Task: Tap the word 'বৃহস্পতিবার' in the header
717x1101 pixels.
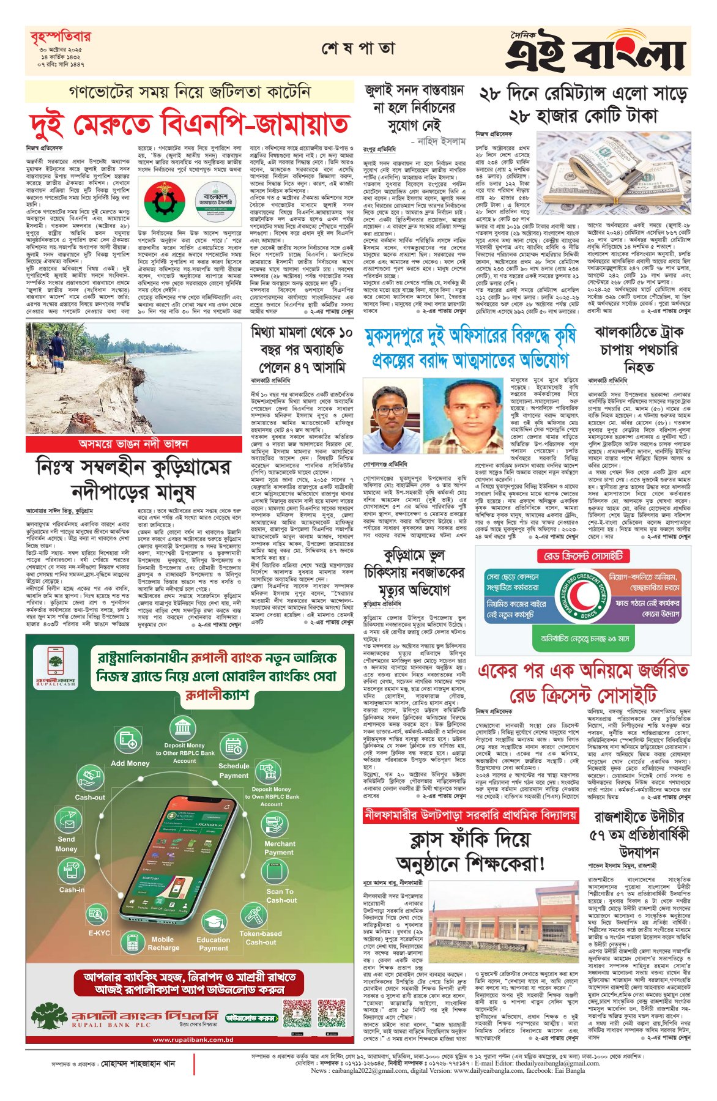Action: [60, 37]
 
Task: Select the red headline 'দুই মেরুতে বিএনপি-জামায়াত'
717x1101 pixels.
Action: [189, 125]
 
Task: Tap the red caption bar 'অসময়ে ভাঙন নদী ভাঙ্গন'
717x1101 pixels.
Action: [133, 443]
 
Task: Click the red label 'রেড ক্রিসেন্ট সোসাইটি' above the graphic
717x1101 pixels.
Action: [584, 555]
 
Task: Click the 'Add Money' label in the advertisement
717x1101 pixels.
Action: [130, 763]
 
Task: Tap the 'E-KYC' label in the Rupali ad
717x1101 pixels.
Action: [99, 933]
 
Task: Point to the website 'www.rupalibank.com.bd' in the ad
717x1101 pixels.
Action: [193, 1039]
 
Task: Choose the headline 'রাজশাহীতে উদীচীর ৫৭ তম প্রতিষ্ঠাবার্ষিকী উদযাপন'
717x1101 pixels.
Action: [639, 834]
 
